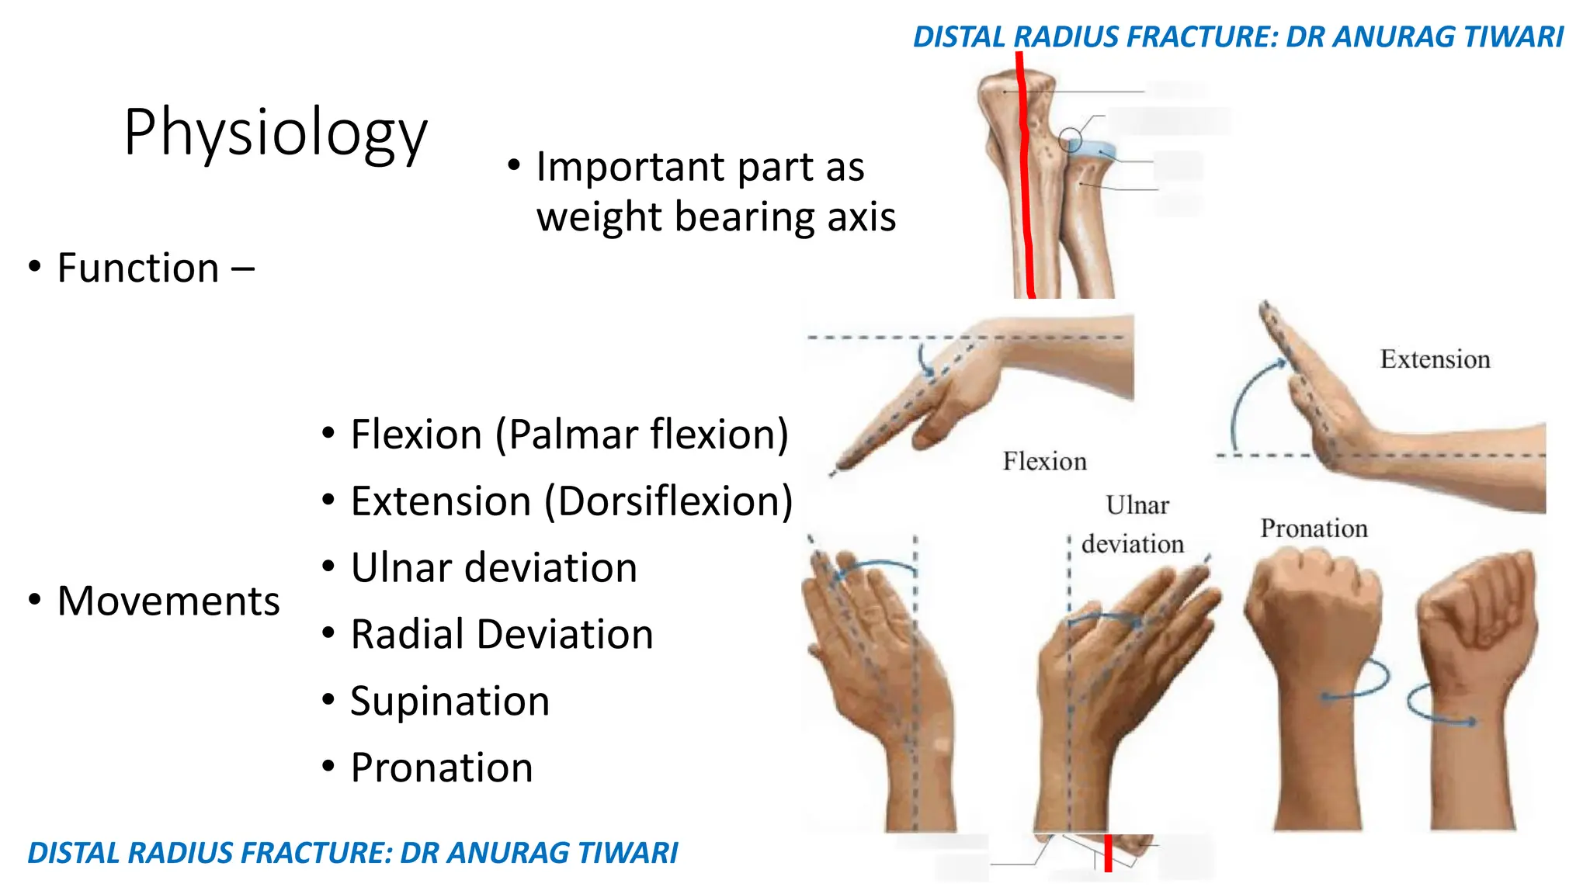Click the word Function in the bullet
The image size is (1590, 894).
[138, 269]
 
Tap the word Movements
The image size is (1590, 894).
[168, 601]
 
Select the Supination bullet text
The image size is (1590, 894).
[450, 702]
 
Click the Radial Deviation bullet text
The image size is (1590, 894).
[502, 635]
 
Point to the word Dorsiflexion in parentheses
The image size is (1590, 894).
[668, 501]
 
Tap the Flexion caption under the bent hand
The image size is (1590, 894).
[1044, 462]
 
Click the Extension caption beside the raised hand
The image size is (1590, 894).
[1435, 360]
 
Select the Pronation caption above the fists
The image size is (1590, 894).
[1314, 528]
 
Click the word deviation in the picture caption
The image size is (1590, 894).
[1133, 544]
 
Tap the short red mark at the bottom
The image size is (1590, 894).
[1108, 853]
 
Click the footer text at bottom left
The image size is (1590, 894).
[352, 853]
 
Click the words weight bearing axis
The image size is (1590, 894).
[716, 217]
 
